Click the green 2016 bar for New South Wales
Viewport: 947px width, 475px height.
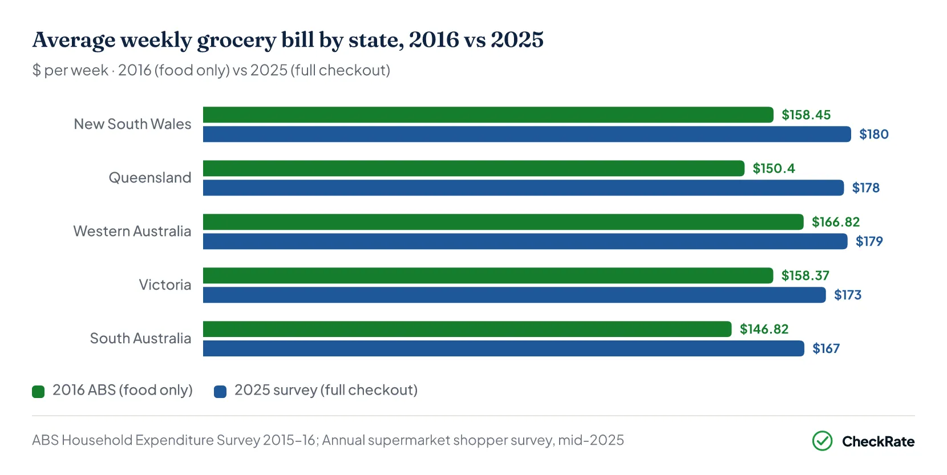click(488, 115)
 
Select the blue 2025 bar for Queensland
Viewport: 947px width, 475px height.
click(523, 188)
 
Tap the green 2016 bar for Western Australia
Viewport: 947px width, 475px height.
click(503, 222)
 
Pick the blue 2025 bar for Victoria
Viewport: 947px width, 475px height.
click(514, 295)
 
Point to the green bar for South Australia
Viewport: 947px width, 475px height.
click(467, 329)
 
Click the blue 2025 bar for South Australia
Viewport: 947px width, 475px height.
click(504, 348)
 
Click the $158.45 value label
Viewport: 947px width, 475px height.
click(806, 115)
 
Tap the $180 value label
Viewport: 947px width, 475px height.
click(873, 135)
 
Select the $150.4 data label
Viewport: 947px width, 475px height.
click(774, 169)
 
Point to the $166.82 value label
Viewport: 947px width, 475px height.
click(835, 222)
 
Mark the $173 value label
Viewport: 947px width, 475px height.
click(847, 295)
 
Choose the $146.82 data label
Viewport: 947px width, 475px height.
click(764, 329)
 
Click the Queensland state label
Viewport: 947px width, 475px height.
click(150, 177)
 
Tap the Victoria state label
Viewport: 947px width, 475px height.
click(165, 285)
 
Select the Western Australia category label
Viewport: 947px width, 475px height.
click(132, 231)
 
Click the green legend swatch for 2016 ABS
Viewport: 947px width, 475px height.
click(38, 392)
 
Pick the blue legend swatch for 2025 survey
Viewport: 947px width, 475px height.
click(220, 392)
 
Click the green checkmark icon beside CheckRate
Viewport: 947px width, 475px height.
click(822, 441)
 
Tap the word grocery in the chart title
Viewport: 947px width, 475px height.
click(236, 40)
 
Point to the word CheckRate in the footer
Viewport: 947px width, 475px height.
click(878, 441)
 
